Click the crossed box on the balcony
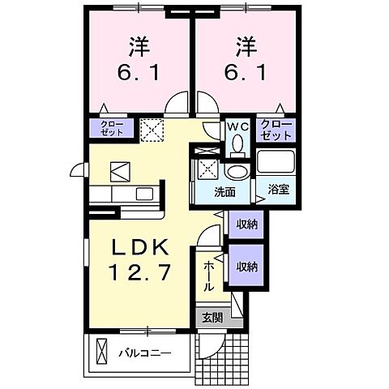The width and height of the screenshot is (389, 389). pos(101,353)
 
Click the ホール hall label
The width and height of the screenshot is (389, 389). pos(208,275)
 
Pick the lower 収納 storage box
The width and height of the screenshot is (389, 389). pos(246,266)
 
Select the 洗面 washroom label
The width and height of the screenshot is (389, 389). pos(224,192)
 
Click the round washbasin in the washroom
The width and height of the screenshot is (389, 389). pos(237,172)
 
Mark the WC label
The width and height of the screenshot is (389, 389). pos(238,126)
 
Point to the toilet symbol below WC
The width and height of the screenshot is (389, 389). pos(238,143)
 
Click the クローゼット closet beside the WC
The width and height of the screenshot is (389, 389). pos(276,129)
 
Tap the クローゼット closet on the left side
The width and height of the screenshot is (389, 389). pos(113,129)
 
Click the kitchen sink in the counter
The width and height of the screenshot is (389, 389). pos(143,194)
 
